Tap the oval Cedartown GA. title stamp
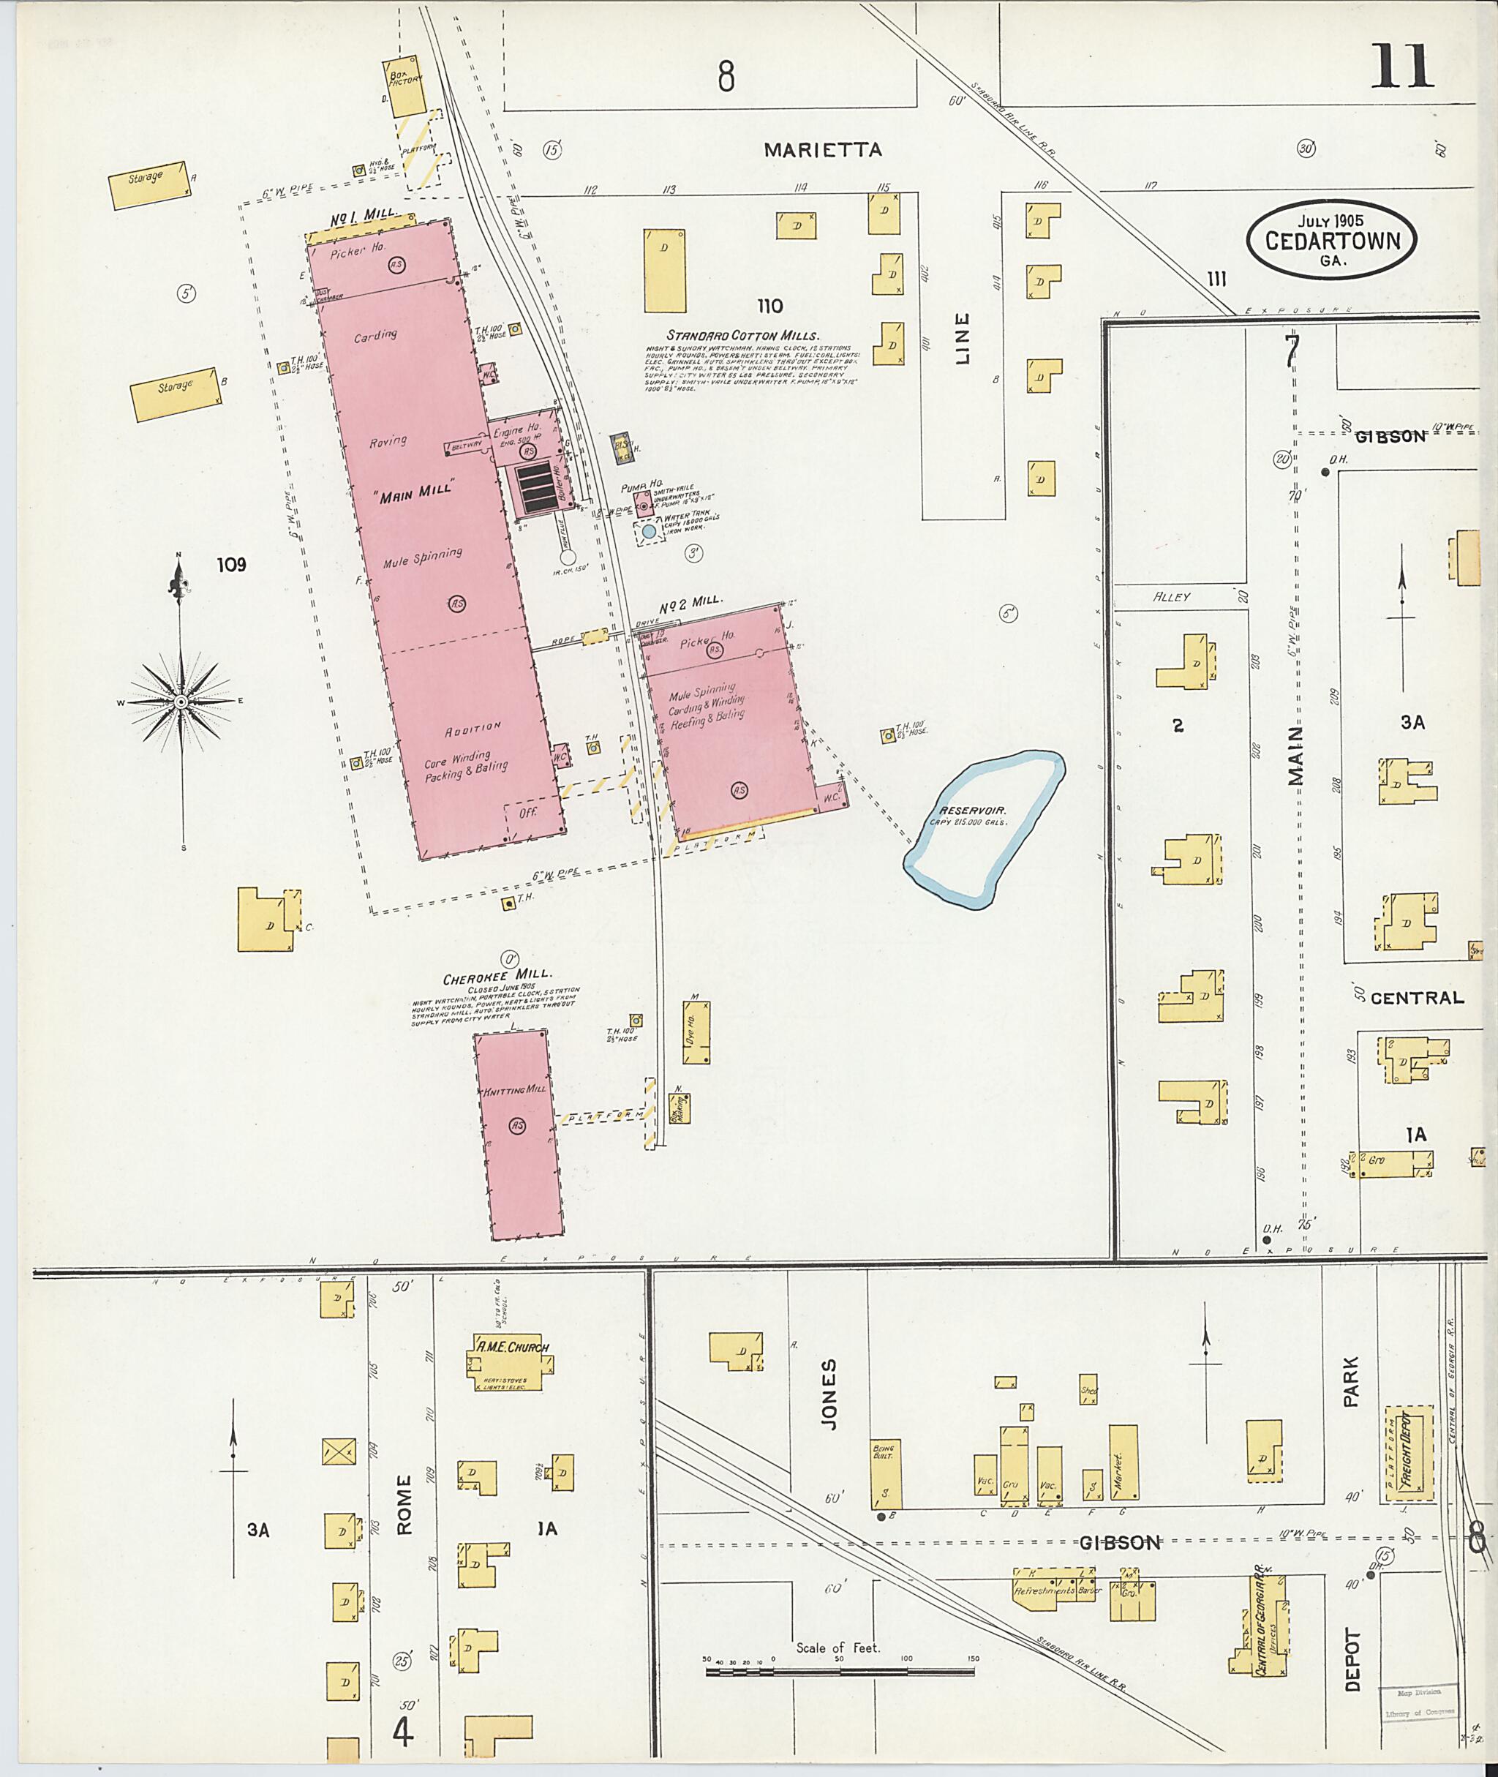pos(1331,239)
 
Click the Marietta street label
pos(822,151)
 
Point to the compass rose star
pos(181,702)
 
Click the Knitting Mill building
pos(518,1134)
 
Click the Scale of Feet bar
pos(839,1672)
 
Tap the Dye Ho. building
pos(696,1032)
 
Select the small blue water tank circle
pos(649,531)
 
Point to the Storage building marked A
pos(148,185)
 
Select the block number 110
pos(769,306)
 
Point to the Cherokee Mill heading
pos(497,977)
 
